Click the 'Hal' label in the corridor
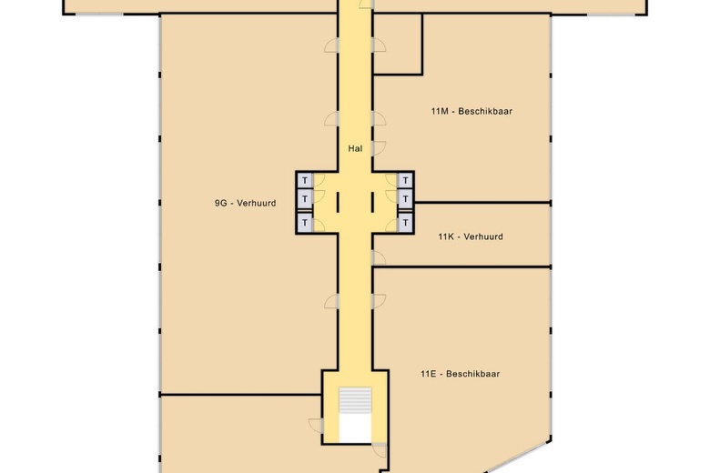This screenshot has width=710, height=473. coord(355,147)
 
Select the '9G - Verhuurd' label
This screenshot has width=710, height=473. coord(238,204)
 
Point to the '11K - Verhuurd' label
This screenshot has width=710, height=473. coord(470,236)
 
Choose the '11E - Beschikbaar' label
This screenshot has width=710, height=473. coord(460,374)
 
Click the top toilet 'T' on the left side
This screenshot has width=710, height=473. coord(305,180)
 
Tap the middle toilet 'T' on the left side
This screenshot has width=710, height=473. coord(305,200)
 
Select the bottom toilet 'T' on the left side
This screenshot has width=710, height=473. coord(305,221)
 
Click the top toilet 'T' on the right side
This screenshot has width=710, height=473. coord(405,180)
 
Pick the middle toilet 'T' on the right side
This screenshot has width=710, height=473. coord(405,200)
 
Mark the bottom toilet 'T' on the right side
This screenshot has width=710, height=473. coord(405,221)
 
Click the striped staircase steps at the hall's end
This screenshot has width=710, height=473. coord(355,401)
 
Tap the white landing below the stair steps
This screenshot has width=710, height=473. coord(355,429)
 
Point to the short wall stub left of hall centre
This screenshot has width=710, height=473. coord(339,200)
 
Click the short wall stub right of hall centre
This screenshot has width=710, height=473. coord(371,200)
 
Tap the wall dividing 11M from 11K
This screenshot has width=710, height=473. coord(482,202)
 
